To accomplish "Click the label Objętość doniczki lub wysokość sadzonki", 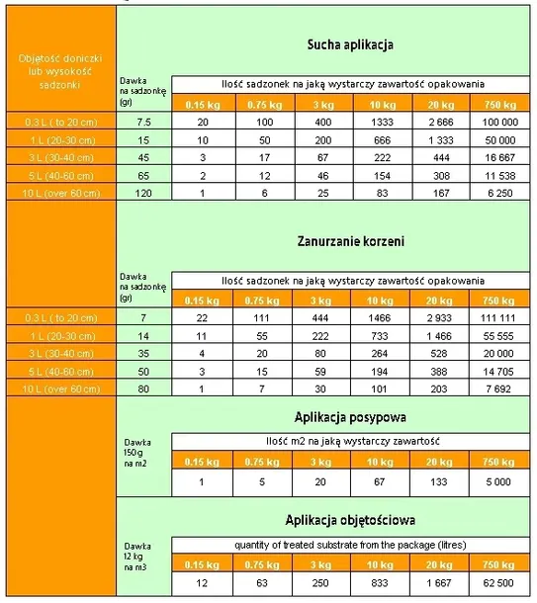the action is (58, 72).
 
